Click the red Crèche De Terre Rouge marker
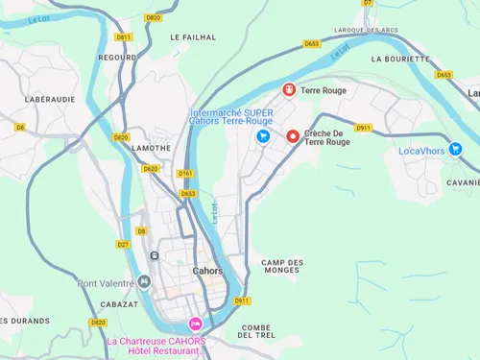[293, 136]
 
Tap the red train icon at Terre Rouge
[288, 90]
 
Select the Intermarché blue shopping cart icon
[261, 136]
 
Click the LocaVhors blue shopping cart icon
[455, 150]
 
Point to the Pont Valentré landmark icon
[144, 282]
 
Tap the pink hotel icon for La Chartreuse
[196, 324]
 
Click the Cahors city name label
[206, 271]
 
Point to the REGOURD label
[117, 58]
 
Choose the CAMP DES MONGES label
[282, 267]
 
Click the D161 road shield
[186, 174]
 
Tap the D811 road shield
[122, 37]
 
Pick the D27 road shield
[123, 245]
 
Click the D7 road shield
[368, 3]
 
